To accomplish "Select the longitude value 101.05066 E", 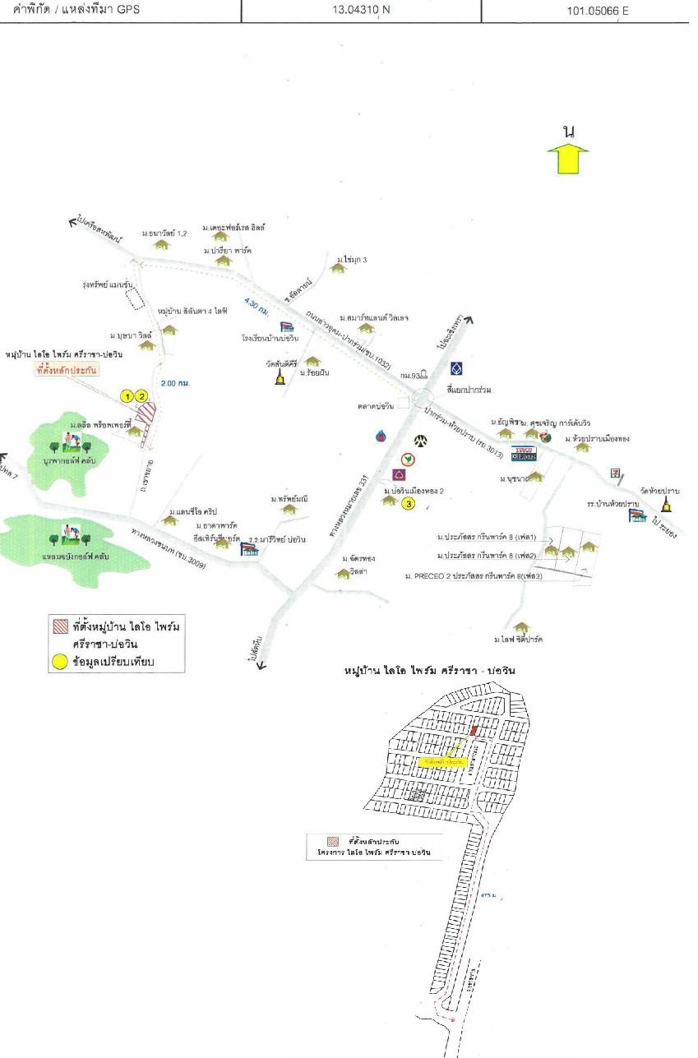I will [585, 12].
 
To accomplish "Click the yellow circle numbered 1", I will [127, 396].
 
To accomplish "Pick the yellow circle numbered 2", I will [141, 396].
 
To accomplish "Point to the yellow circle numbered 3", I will [408, 504].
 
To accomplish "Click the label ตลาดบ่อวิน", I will [375, 403].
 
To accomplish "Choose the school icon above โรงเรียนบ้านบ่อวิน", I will [287, 328].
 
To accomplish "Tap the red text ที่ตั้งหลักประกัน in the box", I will [67, 371].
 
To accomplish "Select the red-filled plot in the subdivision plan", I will [474, 730].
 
